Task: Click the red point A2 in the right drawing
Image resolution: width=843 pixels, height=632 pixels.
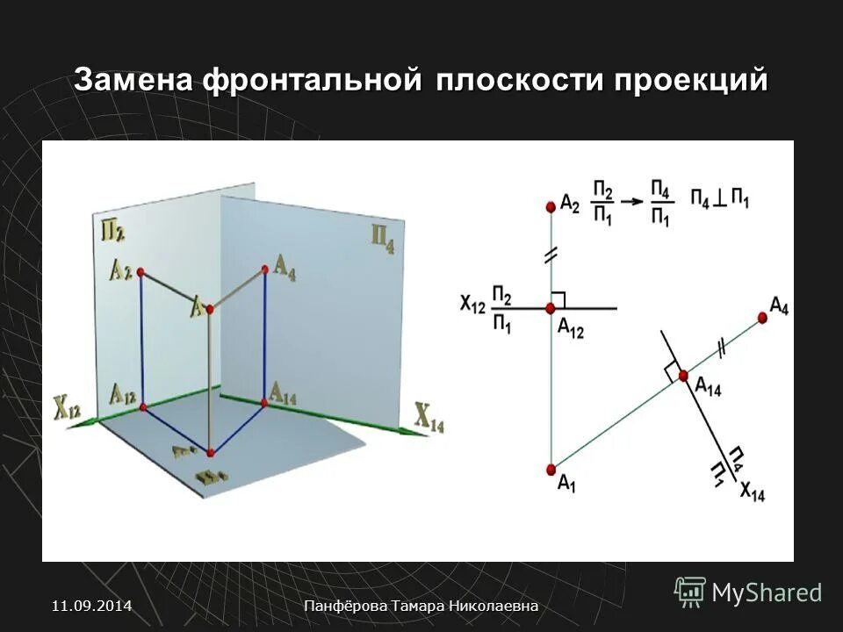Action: tap(551, 206)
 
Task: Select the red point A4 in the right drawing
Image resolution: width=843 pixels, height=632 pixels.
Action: tap(761, 318)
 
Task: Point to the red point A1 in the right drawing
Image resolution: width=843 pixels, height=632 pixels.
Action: tap(551, 469)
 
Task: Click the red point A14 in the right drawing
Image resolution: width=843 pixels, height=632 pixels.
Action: tap(682, 376)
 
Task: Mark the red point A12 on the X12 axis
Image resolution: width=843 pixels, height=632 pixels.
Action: tap(551, 308)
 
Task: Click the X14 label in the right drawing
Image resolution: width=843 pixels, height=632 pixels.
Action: tap(752, 492)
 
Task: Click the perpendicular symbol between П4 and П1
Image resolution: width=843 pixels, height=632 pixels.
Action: tap(719, 199)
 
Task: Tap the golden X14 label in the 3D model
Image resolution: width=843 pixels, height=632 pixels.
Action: tap(429, 420)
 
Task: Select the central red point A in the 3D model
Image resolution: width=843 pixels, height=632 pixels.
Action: tap(209, 308)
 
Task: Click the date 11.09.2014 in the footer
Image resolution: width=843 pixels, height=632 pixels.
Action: tap(92, 606)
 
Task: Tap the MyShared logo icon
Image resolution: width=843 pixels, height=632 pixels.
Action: tap(690, 592)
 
